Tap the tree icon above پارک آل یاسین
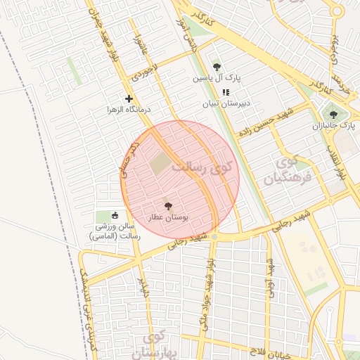pyautogui.click(x=216, y=67)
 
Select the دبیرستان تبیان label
pyautogui.click(x=226, y=104)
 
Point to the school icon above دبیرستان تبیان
pyautogui.click(x=226, y=92)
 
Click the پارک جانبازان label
pyautogui.click(x=335, y=126)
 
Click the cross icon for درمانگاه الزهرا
pyautogui.click(x=128, y=99)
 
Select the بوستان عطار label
pyautogui.click(x=167, y=219)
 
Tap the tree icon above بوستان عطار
pyautogui.click(x=167, y=207)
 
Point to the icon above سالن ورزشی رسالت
pyautogui.click(x=115, y=215)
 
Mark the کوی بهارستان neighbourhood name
pyautogui.click(x=151, y=345)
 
